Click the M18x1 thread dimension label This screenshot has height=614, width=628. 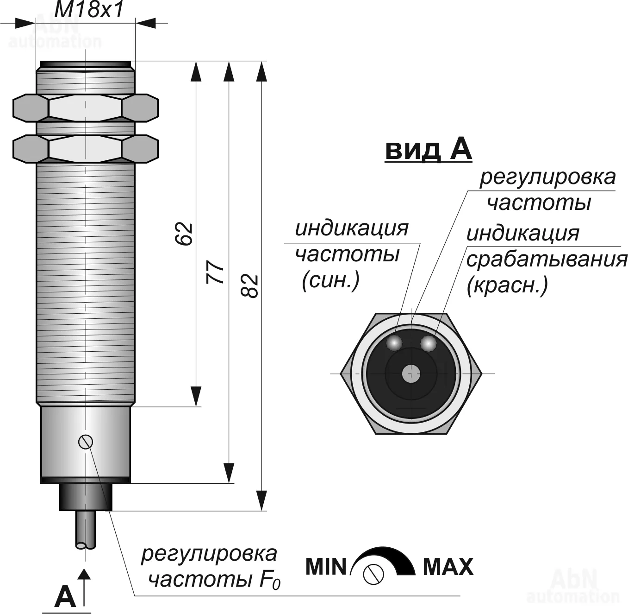point(89,10)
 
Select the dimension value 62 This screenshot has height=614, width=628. point(185,234)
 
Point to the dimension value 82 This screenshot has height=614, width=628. point(250,286)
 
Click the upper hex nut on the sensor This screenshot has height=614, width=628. point(86,108)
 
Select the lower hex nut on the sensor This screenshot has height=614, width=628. point(86,148)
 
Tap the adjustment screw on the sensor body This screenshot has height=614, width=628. point(86,442)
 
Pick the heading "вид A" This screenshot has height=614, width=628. point(428,150)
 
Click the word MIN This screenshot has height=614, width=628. point(326,567)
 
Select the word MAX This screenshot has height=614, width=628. point(448,567)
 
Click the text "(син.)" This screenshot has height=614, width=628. point(330,280)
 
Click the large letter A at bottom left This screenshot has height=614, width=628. point(65,597)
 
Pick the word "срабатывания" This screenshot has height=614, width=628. point(547,260)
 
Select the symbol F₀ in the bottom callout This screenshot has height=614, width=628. point(271,580)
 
